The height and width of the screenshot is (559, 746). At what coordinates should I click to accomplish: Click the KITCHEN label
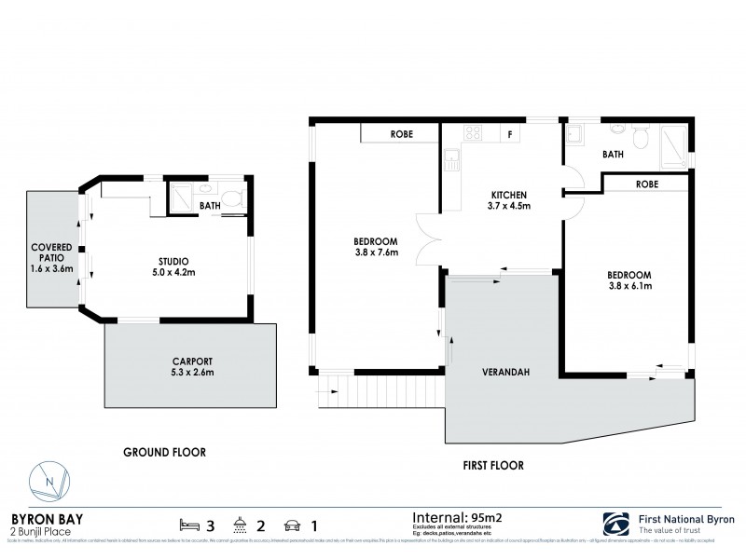point(510,197)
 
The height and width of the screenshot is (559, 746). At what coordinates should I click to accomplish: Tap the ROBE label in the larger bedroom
point(402,134)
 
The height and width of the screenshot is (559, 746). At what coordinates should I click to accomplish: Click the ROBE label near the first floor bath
point(646,184)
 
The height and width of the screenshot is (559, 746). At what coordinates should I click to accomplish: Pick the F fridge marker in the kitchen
point(509,134)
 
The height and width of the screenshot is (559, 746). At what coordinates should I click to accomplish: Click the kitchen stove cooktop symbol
point(473,134)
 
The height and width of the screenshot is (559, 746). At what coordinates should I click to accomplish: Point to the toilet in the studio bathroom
point(235,198)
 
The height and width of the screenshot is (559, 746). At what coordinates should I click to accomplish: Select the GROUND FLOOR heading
point(165,452)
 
